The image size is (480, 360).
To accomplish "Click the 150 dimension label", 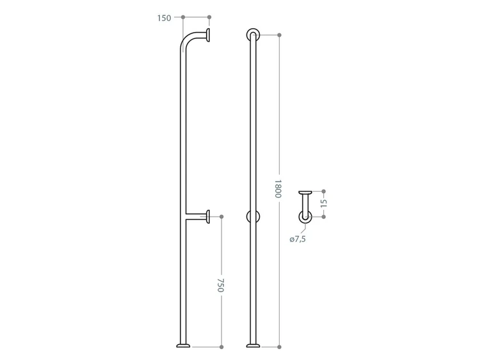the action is point(164,18).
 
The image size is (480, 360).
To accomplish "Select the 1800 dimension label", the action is point(278,189).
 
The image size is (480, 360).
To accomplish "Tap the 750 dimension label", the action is point(221,285).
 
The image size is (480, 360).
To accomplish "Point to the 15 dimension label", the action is point(324,203).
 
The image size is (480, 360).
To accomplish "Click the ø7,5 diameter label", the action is point(298,239).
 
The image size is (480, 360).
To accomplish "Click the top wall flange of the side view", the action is point(208,35).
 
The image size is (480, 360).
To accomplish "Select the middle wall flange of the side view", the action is point(208,217).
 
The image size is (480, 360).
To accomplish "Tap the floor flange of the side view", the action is point(183,346).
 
